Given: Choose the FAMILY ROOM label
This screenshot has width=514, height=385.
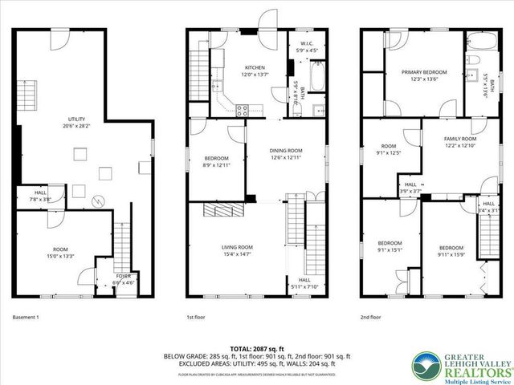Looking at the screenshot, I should [x=460, y=139].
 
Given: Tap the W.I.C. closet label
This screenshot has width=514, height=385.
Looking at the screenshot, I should [x=306, y=45].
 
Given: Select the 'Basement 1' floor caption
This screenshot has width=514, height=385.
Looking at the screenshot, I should [x=26, y=318].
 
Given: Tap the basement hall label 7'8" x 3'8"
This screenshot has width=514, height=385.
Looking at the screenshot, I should [x=39, y=199].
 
